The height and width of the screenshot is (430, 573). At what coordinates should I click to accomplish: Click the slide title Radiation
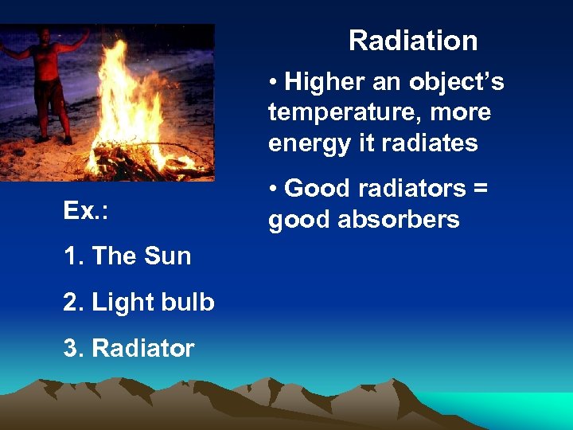tap(413, 41)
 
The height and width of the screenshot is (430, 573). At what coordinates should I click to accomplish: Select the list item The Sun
tap(141, 256)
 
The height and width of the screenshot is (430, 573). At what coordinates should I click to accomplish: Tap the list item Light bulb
tap(153, 302)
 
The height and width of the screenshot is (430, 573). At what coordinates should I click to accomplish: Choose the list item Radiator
tap(142, 348)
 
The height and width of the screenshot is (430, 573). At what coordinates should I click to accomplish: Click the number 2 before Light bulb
tap(69, 302)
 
